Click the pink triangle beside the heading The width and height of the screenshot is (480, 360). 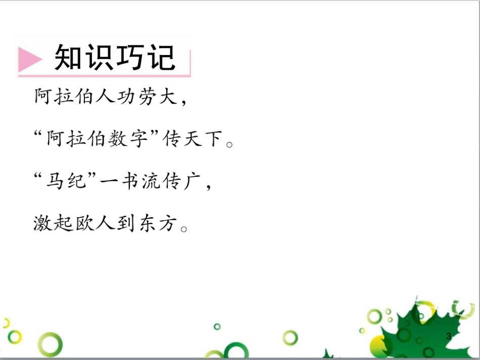click(x=29, y=60)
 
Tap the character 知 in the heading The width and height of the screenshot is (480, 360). click(x=69, y=58)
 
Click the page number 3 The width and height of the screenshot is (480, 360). click(x=448, y=336)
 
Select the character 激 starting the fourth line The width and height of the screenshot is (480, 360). click(x=42, y=223)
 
